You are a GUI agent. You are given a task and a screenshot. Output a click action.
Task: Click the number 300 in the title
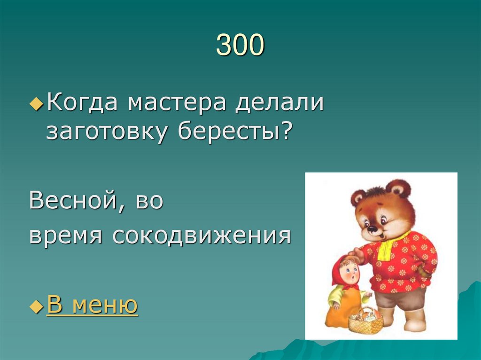click(240, 46)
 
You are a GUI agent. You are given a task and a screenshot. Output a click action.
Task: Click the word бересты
click(228, 132)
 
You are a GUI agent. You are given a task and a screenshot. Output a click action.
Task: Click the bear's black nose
click(372, 229)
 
